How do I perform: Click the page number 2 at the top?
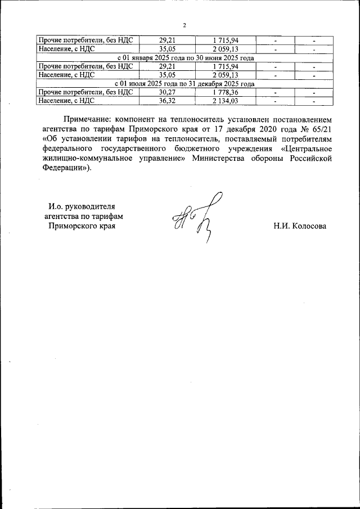(184, 25)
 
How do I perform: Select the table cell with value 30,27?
(167, 92)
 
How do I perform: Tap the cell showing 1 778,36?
(225, 92)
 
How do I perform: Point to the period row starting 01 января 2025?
(185, 58)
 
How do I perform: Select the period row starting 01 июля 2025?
(185, 84)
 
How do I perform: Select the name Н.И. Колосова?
(300, 226)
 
